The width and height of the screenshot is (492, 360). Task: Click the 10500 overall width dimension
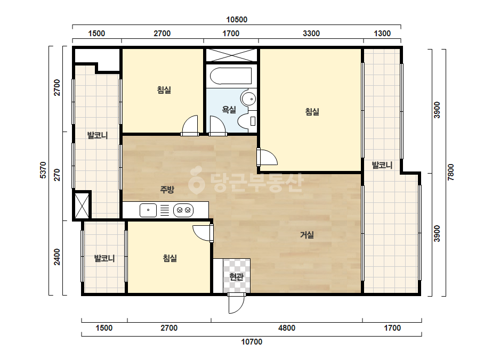[237, 20]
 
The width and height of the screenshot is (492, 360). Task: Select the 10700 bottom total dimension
[252, 342]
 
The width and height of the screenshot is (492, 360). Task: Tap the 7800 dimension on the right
[451, 172]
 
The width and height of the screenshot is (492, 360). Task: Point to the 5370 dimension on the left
[43, 170]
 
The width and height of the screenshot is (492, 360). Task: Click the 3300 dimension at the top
[311, 33]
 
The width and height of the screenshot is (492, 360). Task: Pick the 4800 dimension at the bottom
[287, 328]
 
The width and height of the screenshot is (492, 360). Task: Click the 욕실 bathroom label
[229, 110]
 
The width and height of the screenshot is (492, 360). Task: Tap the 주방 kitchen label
[167, 189]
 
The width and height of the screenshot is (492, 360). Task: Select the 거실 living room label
[307, 234]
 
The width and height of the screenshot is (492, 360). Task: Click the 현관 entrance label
[236, 276]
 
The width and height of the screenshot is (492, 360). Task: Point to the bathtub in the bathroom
[231, 76]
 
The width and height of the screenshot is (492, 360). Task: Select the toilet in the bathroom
[247, 121]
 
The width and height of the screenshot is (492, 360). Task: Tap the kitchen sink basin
[148, 210]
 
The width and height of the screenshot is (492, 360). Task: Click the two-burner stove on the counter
[183, 210]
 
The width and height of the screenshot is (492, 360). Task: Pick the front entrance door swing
[236, 303]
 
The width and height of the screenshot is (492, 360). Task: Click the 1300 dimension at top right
[382, 33]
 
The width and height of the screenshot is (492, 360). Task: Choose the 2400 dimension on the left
[57, 257]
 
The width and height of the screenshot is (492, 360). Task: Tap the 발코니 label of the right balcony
[382, 165]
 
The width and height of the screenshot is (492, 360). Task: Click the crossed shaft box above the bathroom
[231, 55]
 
